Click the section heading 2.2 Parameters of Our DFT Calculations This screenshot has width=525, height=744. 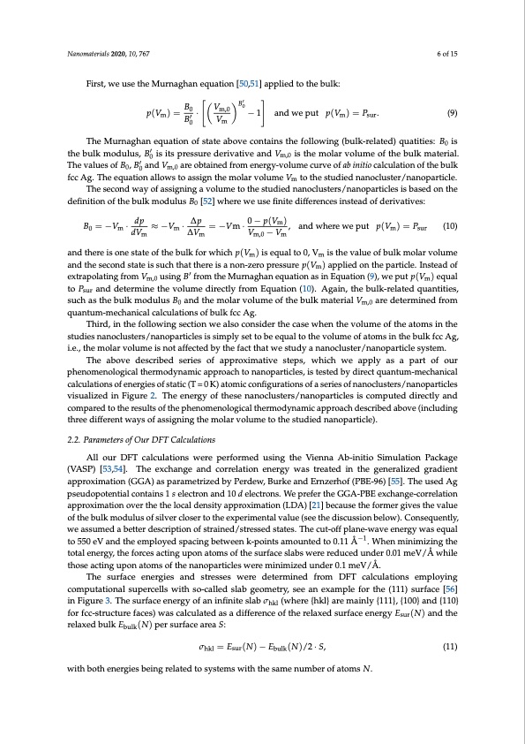pos(131,439)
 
